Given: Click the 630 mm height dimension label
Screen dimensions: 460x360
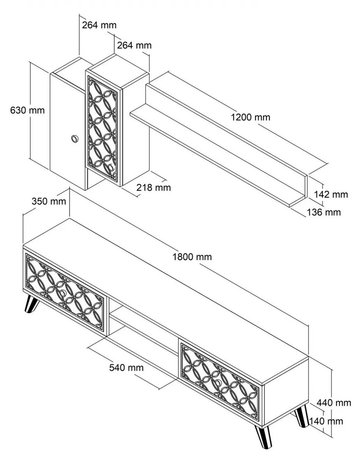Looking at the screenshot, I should (x=27, y=110).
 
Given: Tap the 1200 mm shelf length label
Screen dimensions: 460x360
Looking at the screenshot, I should (x=251, y=117).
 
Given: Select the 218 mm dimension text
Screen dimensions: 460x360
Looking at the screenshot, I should (x=154, y=188).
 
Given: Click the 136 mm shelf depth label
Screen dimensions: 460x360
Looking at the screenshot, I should (x=323, y=212).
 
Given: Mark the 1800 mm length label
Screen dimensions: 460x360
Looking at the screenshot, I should (x=192, y=257).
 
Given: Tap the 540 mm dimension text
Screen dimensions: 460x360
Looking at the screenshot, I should (x=126, y=368).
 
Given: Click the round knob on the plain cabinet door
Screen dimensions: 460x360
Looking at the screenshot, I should (x=74, y=138).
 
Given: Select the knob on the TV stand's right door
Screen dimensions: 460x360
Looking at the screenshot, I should (x=217, y=384).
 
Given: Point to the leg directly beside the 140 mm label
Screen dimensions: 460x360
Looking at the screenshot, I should (x=301, y=416).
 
